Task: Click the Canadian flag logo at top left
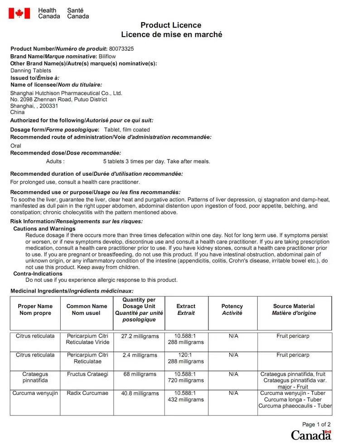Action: (19, 13)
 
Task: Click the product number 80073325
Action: (121, 49)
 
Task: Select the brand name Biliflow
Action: (107, 56)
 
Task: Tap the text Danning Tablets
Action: (31, 71)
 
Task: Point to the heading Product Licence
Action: (171, 25)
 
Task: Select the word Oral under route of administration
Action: (16, 145)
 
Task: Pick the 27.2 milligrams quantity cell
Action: (140, 337)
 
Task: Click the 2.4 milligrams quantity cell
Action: (140, 355)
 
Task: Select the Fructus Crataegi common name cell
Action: (87, 374)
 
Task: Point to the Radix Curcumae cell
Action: (87, 393)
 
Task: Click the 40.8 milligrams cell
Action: (140, 393)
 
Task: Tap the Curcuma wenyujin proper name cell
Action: (35, 393)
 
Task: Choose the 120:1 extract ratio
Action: (186, 355)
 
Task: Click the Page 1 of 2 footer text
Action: (316, 424)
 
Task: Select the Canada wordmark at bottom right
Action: (311, 435)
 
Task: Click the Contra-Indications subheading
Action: (38, 274)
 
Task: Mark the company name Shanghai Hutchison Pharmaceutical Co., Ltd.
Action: (66, 93)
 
